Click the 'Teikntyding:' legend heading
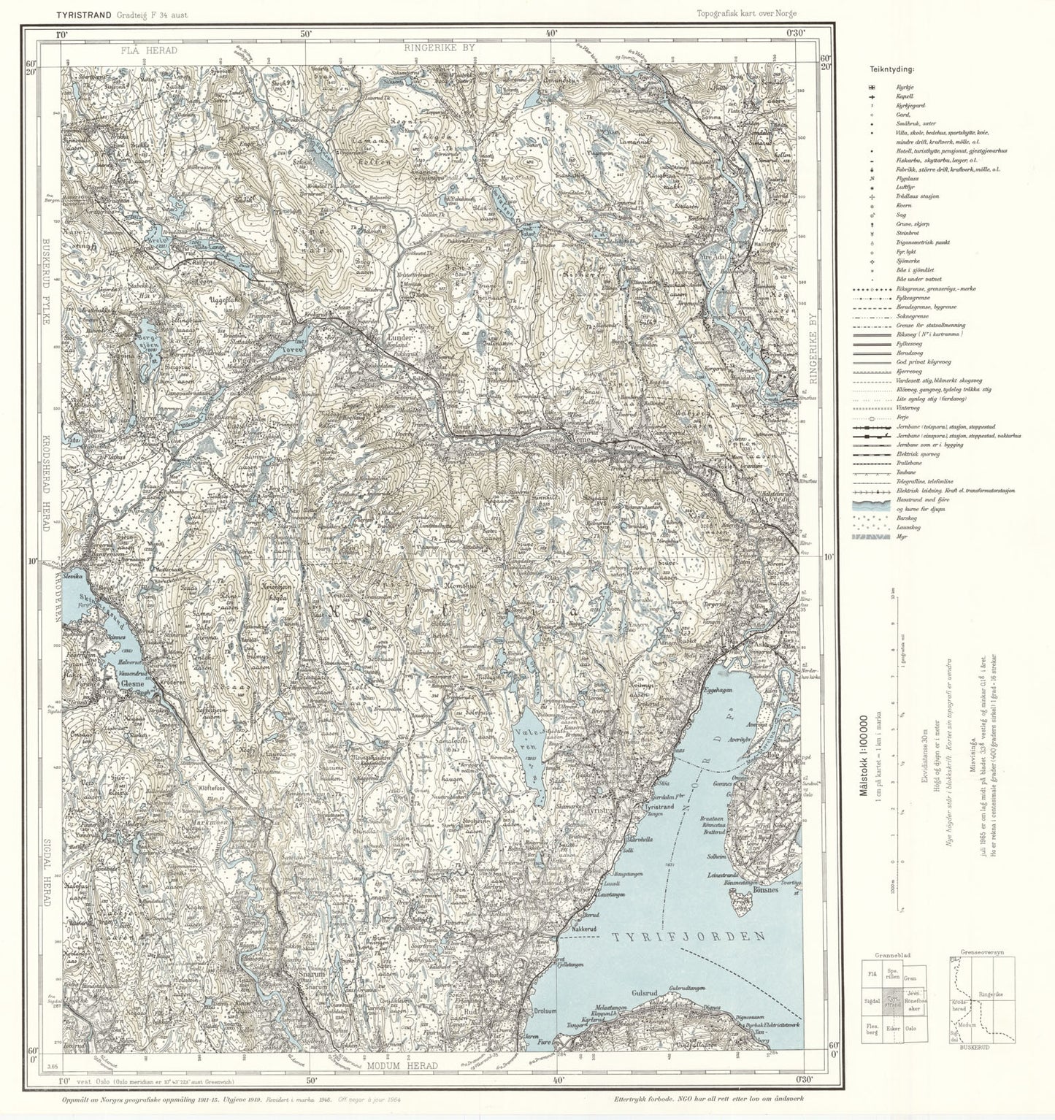pyautogui.click(x=891, y=69)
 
